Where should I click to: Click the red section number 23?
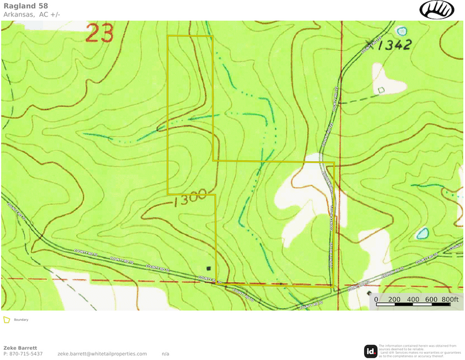[x=100, y=33]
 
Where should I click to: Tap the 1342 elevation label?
[x=395, y=45]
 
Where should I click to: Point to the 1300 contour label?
[x=189, y=199]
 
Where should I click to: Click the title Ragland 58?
[x=25, y=6]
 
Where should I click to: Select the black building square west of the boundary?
[x=209, y=268]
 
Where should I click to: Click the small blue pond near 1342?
[x=401, y=30]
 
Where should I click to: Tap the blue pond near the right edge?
[x=422, y=233]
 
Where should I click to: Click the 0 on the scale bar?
[x=376, y=300]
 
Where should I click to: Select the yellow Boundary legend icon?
[x=6, y=320]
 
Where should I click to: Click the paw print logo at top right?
[x=437, y=9]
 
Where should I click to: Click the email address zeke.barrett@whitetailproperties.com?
[x=102, y=354]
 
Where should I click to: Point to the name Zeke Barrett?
[x=20, y=348]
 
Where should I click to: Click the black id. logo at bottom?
[x=371, y=351]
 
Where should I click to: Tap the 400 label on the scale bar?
[x=413, y=300]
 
